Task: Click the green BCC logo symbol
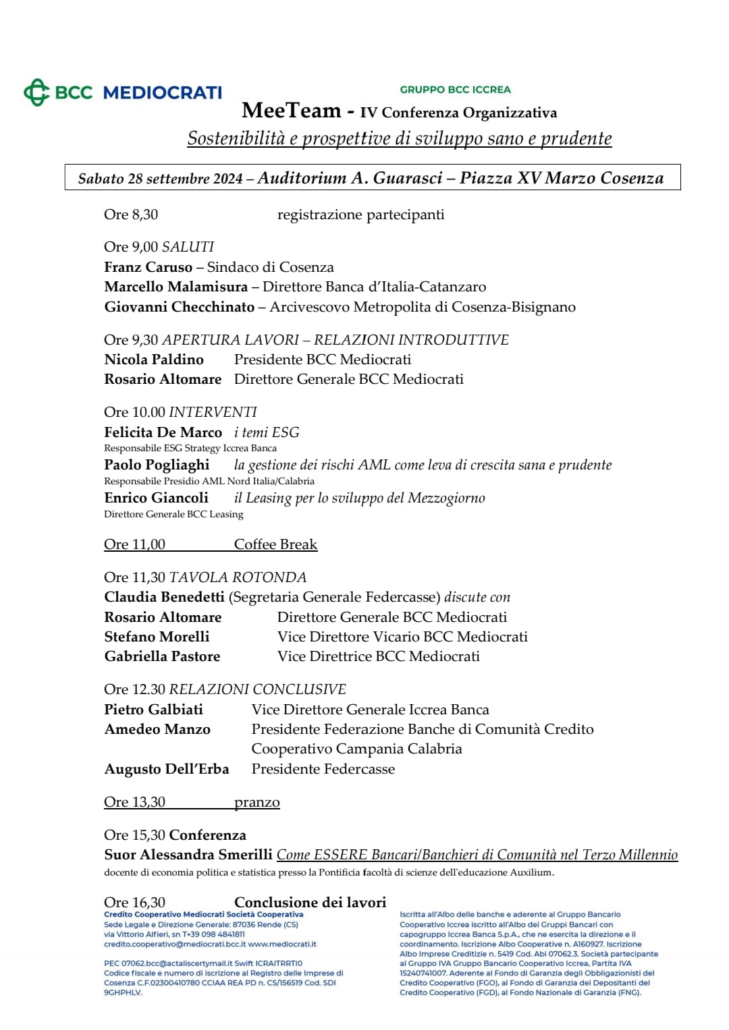click(x=36, y=92)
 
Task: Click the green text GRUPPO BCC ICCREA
click(x=455, y=89)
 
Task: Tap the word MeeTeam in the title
click(x=292, y=111)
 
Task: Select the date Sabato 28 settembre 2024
click(x=160, y=178)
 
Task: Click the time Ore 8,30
click(x=131, y=214)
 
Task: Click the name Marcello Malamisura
click(x=175, y=287)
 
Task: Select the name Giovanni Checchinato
click(x=180, y=307)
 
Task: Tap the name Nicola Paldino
click(x=154, y=360)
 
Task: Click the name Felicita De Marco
click(x=163, y=432)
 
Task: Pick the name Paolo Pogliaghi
click(x=157, y=465)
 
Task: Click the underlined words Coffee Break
click(x=275, y=544)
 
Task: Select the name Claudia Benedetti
click(x=164, y=597)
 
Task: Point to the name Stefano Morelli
click(x=157, y=637)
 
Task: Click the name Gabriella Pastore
click(x=162, y=656)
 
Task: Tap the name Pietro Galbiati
click(x=153, y=710)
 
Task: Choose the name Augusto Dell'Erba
click(x=167, y=769)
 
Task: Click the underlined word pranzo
click(x=256, y=802)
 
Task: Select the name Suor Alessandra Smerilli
click(x=188, y=855)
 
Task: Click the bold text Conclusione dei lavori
click(x=310, y=903)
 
